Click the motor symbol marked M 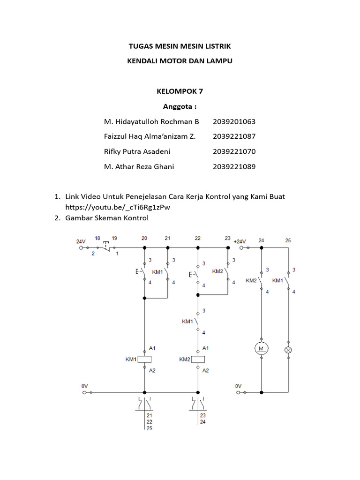tap(262, 348)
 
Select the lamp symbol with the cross tap(288, 350)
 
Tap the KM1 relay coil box tap(144, 360)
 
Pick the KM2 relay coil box tap(198, 360)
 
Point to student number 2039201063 tap(234, 121)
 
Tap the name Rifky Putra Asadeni tap(137, 151)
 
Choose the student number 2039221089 tap(234, 166)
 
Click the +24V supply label tap(240, 240)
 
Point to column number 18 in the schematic tap(98, 238)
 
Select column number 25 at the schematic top tap(288, 240)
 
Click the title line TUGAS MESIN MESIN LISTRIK tap(180, 46)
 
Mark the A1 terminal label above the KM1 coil tap(152, 348)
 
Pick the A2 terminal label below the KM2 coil tap(205, 370)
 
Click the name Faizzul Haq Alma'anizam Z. tap(150, 136)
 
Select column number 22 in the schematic tap(198, 238)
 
